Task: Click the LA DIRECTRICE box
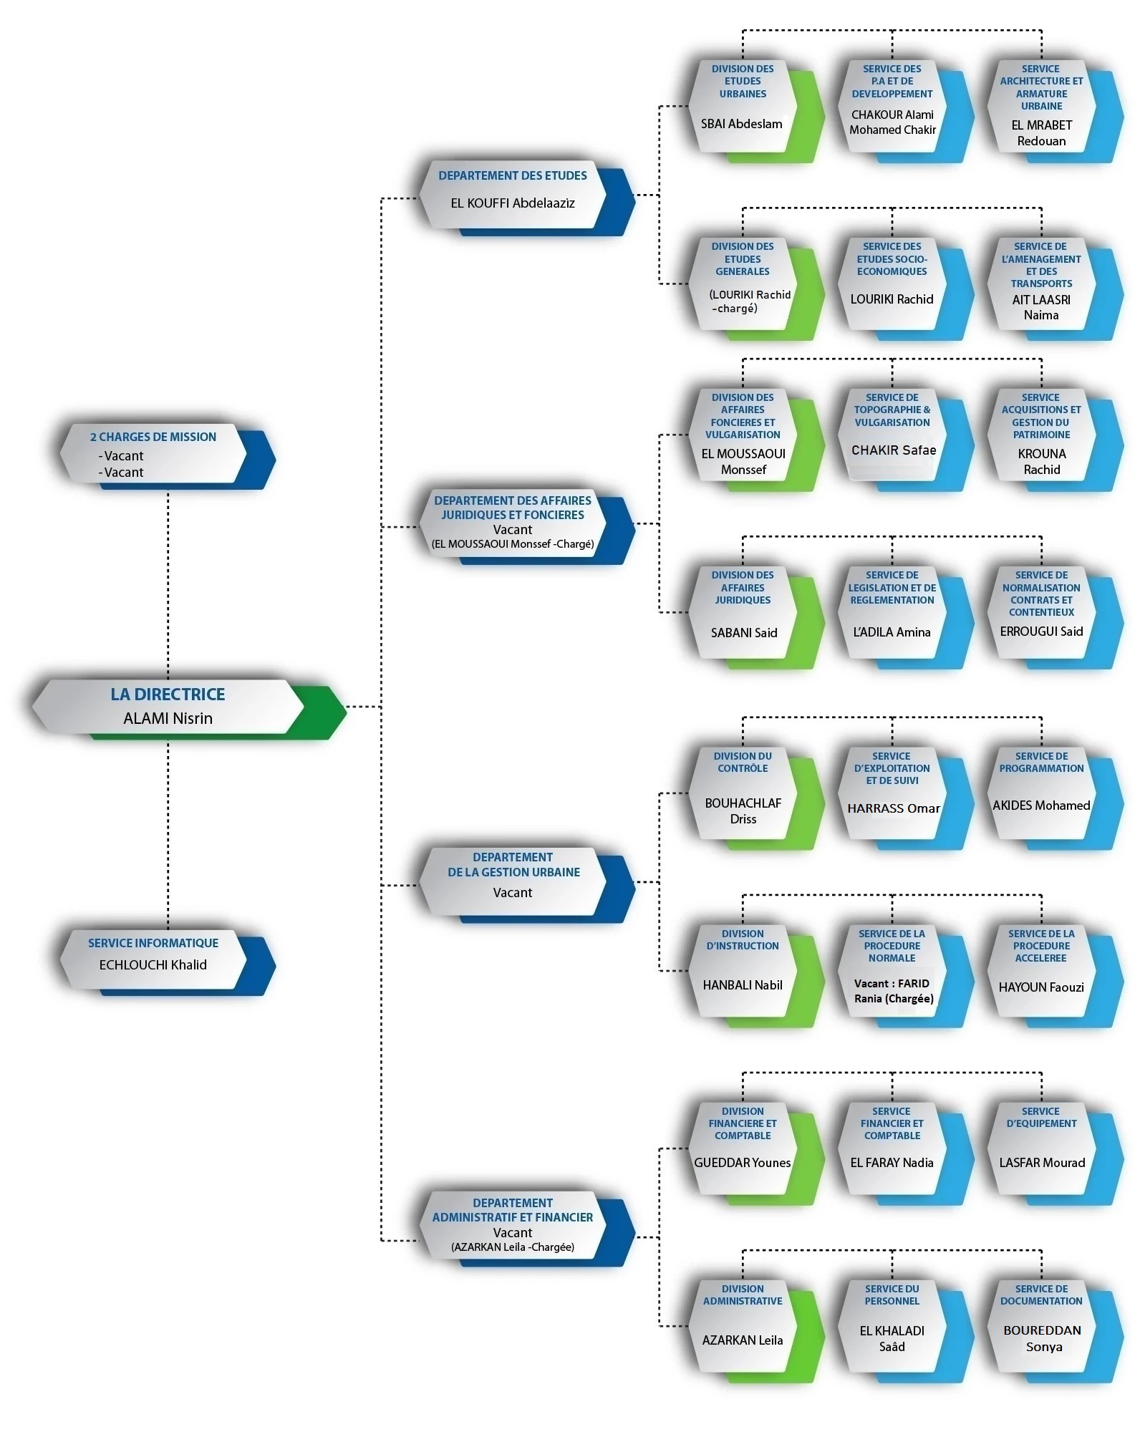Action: click(189, 708)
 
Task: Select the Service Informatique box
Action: click(168, 962)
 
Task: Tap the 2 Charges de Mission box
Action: click(168, 456)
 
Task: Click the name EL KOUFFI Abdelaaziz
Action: click(513, 203)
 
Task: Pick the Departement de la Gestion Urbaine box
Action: click(527, 884)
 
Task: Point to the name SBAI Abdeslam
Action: click(742, 124)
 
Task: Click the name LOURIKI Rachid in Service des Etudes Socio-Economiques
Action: click(892, 299)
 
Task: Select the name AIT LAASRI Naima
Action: click(1042, 307)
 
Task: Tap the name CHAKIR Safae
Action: click(894, 450)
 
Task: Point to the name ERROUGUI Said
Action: click(1042, 632)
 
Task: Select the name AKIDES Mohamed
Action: click(1042, 805)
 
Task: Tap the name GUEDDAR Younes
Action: click(743, 1163)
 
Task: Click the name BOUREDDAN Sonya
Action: click(1043, 1338)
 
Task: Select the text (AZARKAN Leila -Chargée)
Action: click(513, 1247)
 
